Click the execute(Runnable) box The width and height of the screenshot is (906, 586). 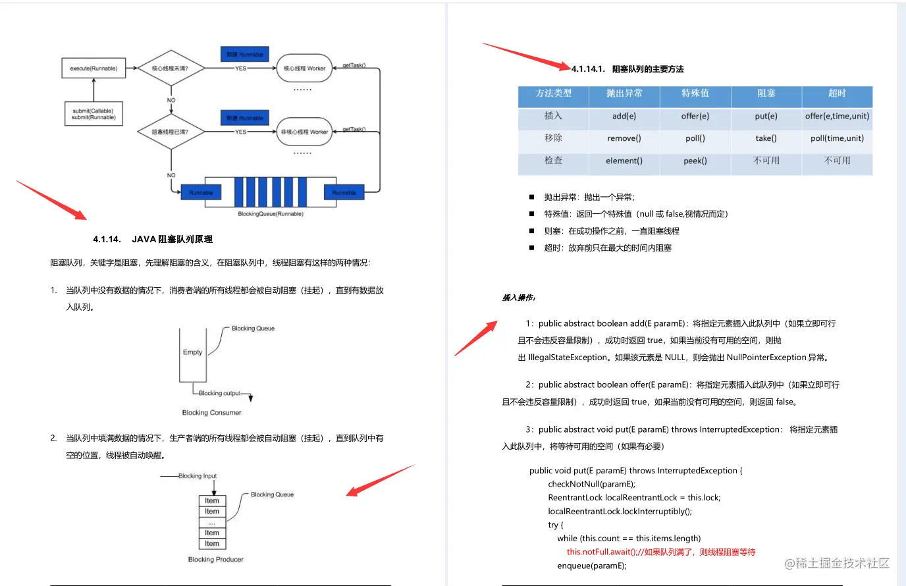[x=93, y=68]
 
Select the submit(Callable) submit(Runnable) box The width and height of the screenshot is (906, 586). [x=93, y=114]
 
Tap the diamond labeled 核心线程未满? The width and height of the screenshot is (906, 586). [x=171, y=68]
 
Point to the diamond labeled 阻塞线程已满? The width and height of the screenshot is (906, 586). [x=171, y=132]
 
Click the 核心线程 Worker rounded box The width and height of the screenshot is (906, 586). [x=304, y=68]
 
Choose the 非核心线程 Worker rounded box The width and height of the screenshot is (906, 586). [x=304, y=132]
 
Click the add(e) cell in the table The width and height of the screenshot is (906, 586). [x=624, y=117]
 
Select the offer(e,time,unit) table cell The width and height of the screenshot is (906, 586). [x=837, y=117]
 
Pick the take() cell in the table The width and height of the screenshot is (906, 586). [x=766, y=138]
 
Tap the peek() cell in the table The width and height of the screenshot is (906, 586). [x=695, y=161]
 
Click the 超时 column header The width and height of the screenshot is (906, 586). [x=837, y=93]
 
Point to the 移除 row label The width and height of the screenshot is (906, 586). [x=553, y=138]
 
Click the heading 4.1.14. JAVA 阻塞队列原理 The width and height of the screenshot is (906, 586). [x=153, y=239]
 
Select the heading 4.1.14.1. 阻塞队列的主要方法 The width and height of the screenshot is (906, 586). [x=627, y=69]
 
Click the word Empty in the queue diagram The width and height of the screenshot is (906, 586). [x=192, y=352]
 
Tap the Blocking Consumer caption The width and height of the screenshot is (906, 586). [x=211, y=413]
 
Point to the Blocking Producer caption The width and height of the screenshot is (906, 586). [x=215, y=560]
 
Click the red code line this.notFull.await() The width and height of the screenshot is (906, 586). [x=660, y=552]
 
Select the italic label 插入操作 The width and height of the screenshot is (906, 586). [x=519, y=298]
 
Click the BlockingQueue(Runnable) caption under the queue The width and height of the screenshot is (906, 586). [x=271, y=214]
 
